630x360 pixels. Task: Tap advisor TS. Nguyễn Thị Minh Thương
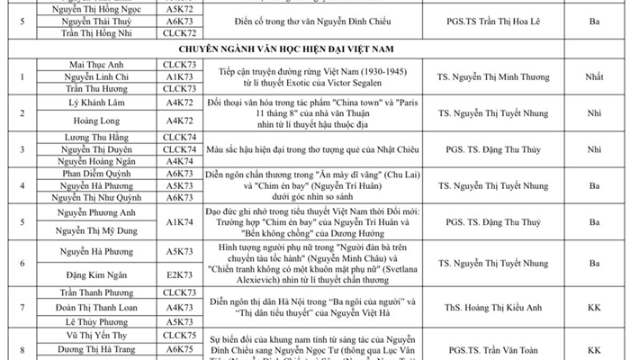pos(497,78)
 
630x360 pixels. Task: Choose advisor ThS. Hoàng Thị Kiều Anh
pos(497,306)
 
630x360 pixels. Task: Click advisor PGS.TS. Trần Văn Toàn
pos(497,348)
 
